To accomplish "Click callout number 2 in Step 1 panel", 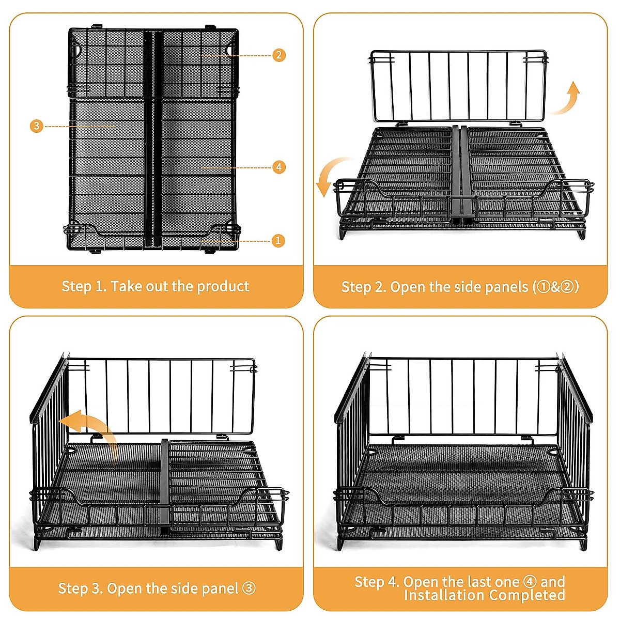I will pos(279,55).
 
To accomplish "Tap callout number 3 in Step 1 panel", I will pos(36,126).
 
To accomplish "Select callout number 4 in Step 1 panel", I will pos(279,167).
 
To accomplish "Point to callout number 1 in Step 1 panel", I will pos(278,240).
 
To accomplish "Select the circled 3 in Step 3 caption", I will pos(249,588).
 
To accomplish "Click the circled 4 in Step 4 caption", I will pos(530,582).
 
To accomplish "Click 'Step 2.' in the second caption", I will pos(363,287).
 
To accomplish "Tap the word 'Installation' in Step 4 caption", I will pos(437,596).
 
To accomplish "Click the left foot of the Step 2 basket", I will pos(344,233).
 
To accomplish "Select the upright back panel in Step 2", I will pos(458,85).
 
